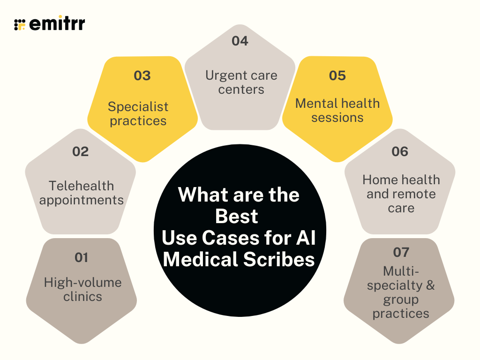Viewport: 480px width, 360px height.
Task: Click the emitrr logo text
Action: (57, 23)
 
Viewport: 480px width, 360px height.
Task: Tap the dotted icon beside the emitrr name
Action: (20, 24)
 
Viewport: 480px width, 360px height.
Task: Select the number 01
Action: (82, 257)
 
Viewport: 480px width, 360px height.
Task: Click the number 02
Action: (81, 151)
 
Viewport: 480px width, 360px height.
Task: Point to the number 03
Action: (142, 75)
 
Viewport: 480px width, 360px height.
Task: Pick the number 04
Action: (240, 41)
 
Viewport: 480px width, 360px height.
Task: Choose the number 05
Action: (337, 75)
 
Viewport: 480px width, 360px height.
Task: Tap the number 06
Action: (400, 151)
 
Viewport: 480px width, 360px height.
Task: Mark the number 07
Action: (401, 252)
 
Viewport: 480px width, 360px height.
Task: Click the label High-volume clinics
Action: (82, 289)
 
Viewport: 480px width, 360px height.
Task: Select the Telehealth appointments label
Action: (82, 193)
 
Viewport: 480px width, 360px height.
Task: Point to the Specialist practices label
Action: (138, 113)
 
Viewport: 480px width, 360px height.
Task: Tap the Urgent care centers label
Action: (241, 82)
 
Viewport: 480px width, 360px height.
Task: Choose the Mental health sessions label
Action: (337, 110)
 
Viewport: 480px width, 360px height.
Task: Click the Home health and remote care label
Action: (401, 194)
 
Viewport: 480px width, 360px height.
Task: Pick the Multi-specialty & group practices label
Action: (401, 292)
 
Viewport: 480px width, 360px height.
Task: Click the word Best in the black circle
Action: (237, 217)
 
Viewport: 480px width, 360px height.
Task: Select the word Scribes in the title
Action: (279, 259)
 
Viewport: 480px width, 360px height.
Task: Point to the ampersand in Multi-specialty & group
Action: (430, 285)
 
